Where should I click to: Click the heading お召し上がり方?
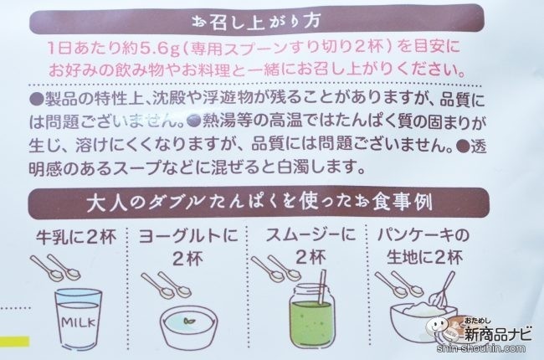[x=256, y=22]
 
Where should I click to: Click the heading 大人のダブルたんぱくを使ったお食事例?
[x=259, y=203]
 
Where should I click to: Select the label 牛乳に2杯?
[x=76, y=238]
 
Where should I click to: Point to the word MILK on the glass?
[x=79, y=322]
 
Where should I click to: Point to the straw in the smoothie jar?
[x=322, y=287]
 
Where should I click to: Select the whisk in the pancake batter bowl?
[x=443, y=289]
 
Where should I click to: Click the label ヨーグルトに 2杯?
[x=188, y=247]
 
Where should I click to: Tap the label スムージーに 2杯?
[x=310, y=246]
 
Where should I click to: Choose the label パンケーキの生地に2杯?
[x=423, y=246]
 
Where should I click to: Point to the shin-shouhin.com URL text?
[x=481, y=348]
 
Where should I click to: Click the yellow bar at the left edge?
[x=14, y=342]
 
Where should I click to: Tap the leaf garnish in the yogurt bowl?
[x=189, y=321]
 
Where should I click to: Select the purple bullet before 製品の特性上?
[x=37, y=100]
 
